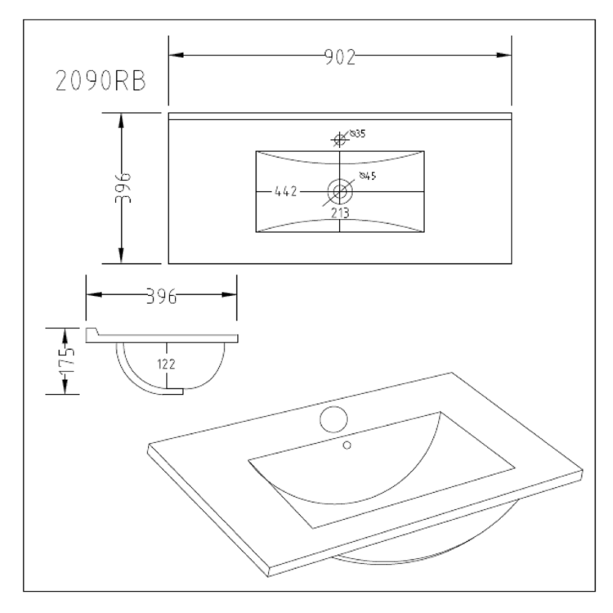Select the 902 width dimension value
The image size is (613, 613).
338,56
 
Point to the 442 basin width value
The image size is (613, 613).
284,192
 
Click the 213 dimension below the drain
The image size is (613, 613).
340,213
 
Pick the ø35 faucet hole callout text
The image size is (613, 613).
357,132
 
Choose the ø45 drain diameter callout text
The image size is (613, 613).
367,177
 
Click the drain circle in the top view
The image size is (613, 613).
340,192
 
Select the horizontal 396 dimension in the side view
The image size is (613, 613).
162,296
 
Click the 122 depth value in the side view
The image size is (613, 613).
167,365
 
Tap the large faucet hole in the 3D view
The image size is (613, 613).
333,419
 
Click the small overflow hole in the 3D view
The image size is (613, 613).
347,445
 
